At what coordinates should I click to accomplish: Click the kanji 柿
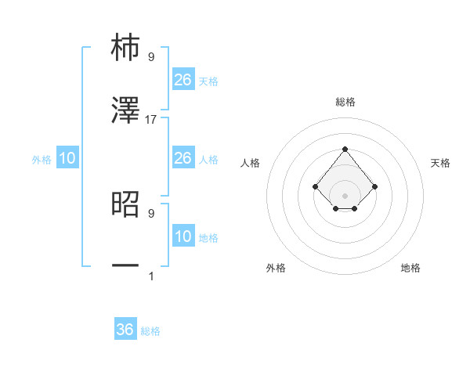coord(125,49)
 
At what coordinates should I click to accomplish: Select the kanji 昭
coord(125,204)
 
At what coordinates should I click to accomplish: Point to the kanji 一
coord(125,266)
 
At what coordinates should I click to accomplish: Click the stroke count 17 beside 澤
coord(151,120)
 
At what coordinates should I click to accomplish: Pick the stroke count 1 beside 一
coord(151,276)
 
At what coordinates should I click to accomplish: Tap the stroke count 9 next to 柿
coord(151,57)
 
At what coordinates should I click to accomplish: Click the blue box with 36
coord(125,330)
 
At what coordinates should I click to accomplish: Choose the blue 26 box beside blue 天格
coord(183,80)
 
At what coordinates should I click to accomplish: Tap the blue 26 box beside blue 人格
coord(183,158)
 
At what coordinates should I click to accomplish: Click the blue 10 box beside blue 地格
coord(183,236)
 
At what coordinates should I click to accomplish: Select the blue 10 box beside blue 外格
coord(67,158)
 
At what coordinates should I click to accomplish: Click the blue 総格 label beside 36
coord(150,331)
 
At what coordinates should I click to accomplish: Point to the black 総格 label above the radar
coord(345,102)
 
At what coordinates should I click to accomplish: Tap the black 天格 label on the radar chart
coord(440,163)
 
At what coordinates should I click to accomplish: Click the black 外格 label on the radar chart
coord(276,268)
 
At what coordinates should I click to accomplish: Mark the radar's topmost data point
coord(345,149)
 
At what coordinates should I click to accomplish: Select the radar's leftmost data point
coord(315,186)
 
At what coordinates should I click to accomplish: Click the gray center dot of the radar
coord(345,195)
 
